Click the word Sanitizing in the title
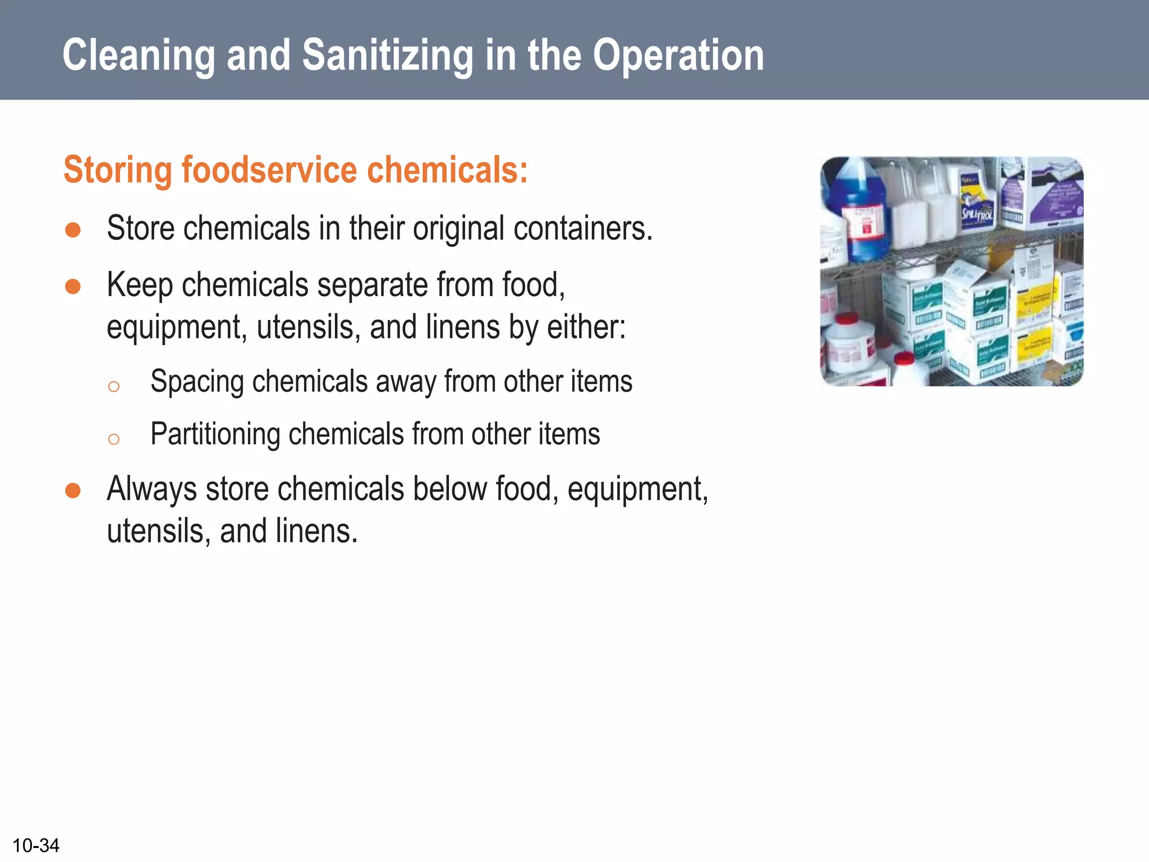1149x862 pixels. pos(387,56)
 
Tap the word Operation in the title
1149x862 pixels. pos(678,56)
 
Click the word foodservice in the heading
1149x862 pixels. pos(269,169)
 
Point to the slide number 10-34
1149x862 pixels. pos(36,845)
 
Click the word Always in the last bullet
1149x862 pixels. pos(151,489)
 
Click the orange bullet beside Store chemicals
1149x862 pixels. pos(73,230)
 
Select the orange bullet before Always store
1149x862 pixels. pos(73,490)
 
